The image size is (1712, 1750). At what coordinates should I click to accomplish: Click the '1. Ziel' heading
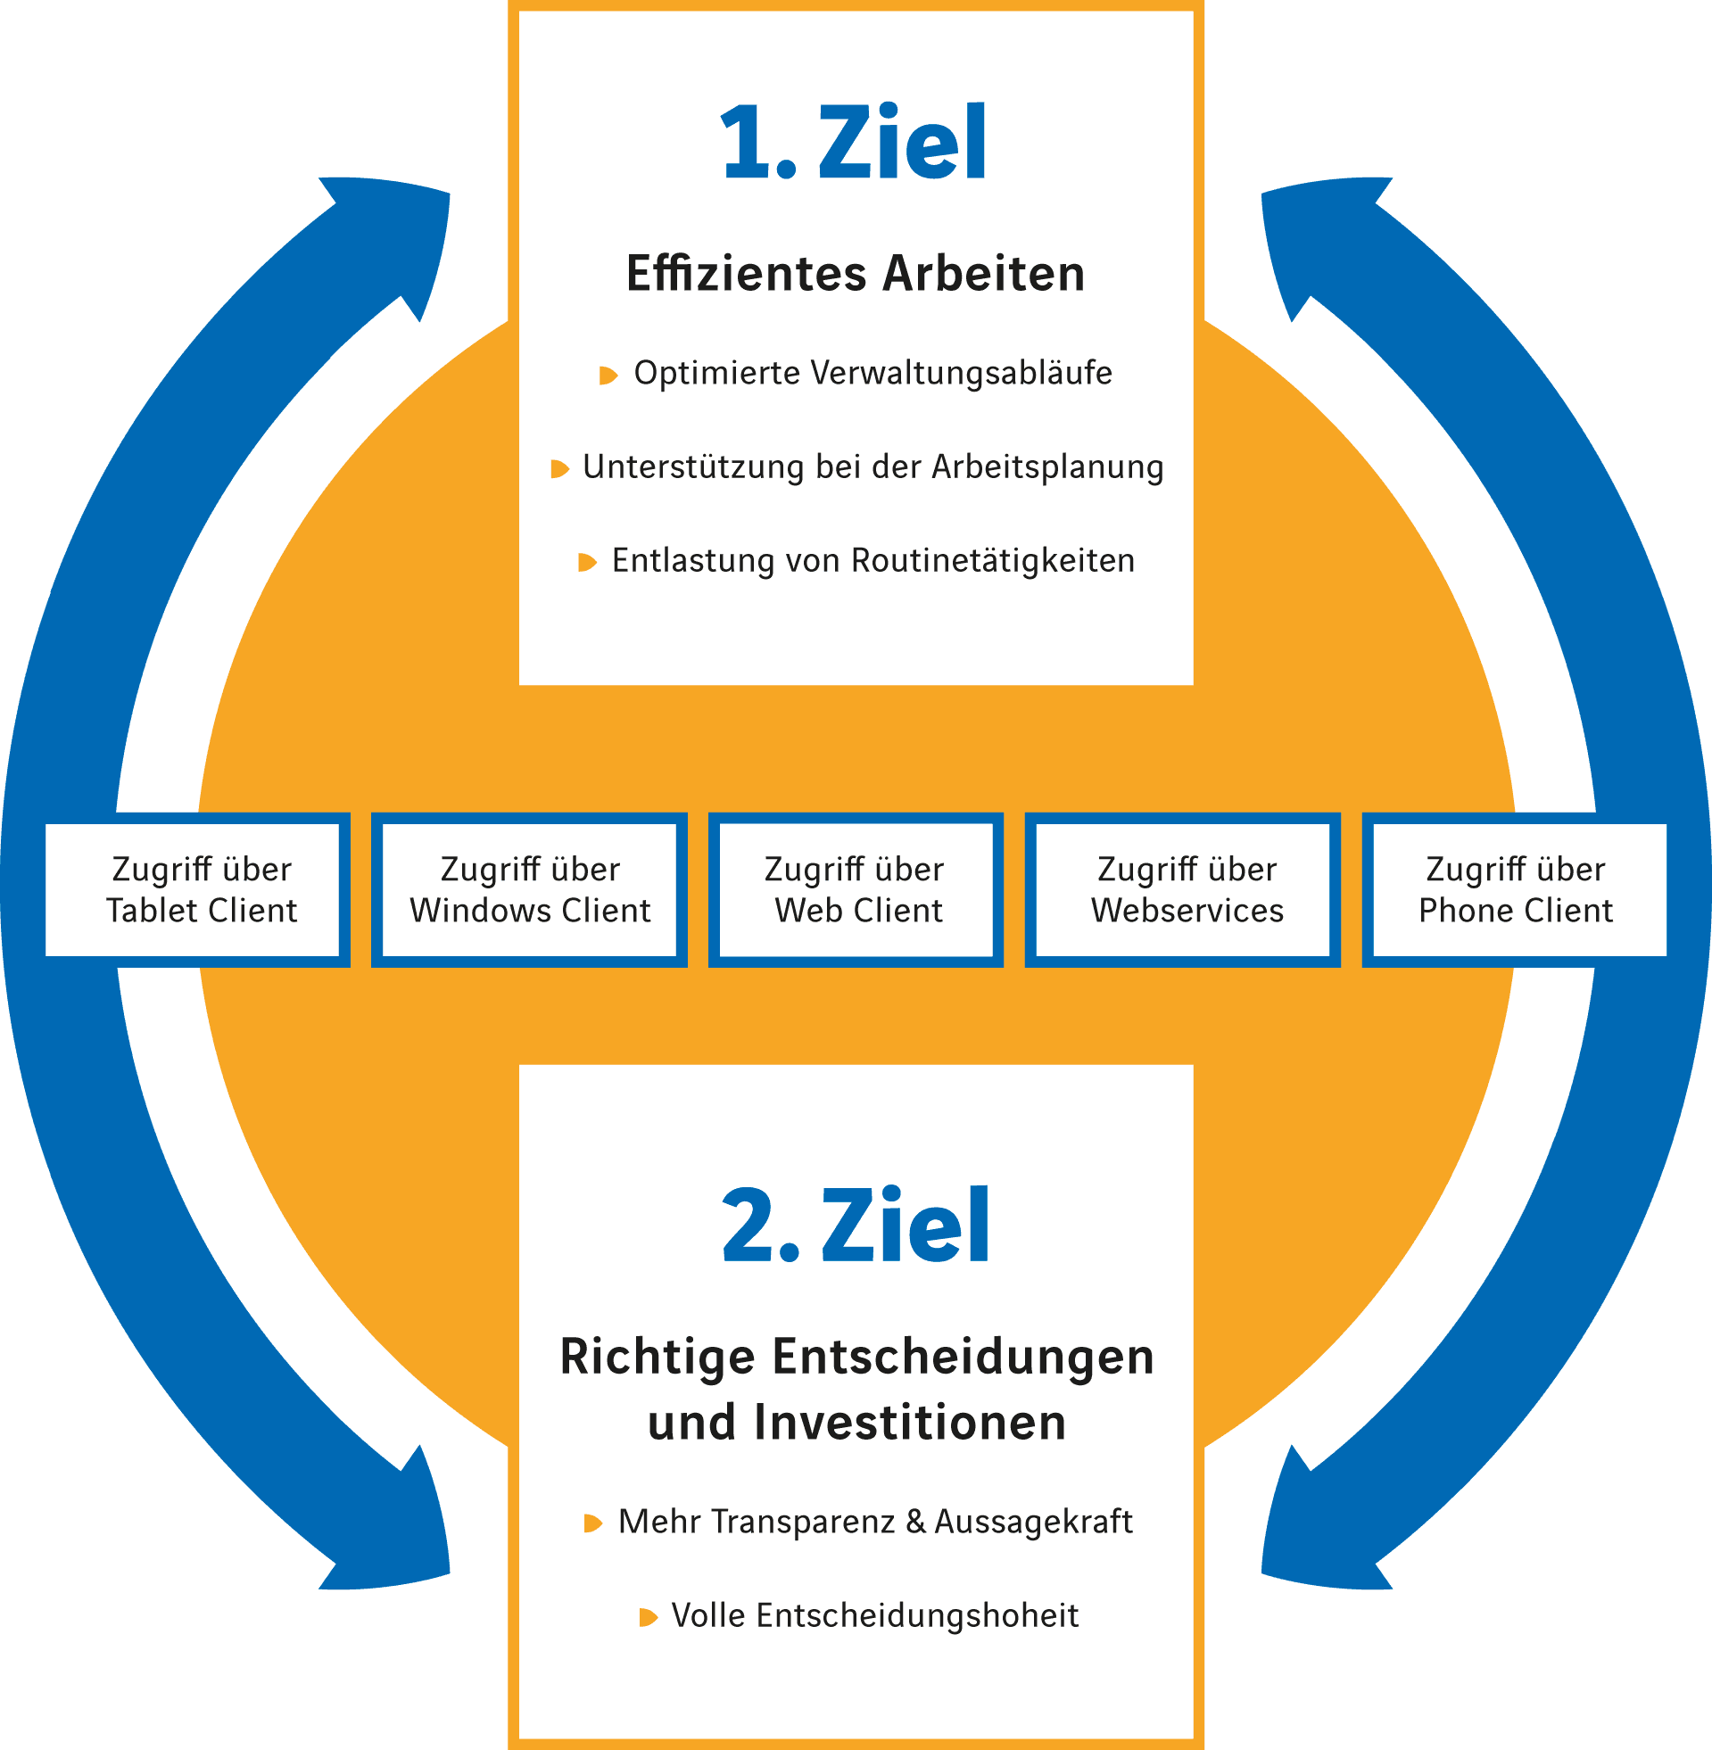click(853, 143)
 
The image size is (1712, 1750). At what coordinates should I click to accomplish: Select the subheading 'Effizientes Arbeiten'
click(855, 274)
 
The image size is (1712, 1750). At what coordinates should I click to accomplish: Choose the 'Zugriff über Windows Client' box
click(530, 890)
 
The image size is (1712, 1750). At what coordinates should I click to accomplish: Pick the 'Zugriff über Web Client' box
click(857, 890)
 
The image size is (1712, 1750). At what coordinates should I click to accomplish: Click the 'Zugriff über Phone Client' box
click(1515, 890)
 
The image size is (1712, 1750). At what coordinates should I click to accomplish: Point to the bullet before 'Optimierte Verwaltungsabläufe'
click(608, 375)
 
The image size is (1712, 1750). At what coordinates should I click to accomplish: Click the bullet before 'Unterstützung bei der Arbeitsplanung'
click(559, 468)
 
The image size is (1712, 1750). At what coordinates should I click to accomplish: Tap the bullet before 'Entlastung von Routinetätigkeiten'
click(587, 563)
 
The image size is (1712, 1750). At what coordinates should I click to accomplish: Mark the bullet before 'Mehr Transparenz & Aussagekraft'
click(592, 1523)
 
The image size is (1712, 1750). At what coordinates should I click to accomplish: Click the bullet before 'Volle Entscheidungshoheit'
click(648, 1618)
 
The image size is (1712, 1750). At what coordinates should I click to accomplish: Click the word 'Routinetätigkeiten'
click(993, 561)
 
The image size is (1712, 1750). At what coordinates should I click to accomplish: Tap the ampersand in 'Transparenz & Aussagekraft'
click(915, 1522)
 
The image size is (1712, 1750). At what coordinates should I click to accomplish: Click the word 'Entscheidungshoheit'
click(917, 1616)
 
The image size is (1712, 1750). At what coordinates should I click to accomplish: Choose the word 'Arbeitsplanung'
click(1047, 467)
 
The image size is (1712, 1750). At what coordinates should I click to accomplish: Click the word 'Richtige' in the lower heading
click(658, 1358)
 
